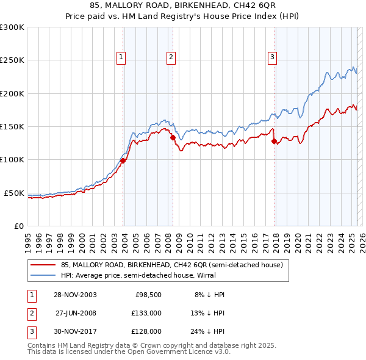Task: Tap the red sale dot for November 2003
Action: coord(123,160)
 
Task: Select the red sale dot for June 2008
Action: coord(173,138)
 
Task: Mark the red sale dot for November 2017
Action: coord(274,141)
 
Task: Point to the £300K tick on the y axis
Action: coord(12,27)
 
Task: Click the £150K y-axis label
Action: coord(12,127)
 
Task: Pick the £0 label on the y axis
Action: coord(18,226)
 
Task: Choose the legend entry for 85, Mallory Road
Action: coord(171,265)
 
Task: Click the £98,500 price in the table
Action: coord(147,295)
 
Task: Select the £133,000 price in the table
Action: coord(147,313)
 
